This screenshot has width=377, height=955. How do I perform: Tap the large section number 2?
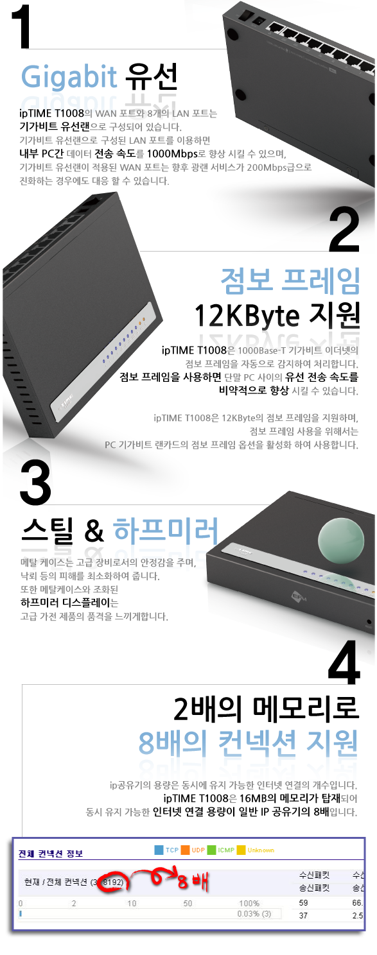(344, 229)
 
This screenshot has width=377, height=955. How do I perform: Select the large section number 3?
(35, 483)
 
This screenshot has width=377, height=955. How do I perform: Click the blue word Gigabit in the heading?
(69, 77)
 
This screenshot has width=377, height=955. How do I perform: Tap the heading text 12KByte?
(247, 316)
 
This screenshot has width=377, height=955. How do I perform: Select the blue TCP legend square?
(159, 850)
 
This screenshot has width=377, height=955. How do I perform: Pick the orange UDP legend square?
(185, 850)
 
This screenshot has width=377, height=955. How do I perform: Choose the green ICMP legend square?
(211, 850)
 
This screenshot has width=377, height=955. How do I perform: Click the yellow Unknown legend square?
(241, 850)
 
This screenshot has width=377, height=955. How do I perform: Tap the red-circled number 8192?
(113, 882)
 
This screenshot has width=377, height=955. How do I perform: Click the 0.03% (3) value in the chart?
(254, 914)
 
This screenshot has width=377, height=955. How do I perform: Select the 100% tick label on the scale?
(249, 903)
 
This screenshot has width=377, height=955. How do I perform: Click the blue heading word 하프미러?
(166, 530)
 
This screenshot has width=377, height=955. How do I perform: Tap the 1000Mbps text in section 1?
(172, 153)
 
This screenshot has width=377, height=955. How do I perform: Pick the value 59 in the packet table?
(303, 902)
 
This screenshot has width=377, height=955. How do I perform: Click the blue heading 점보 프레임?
(290, 281)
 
